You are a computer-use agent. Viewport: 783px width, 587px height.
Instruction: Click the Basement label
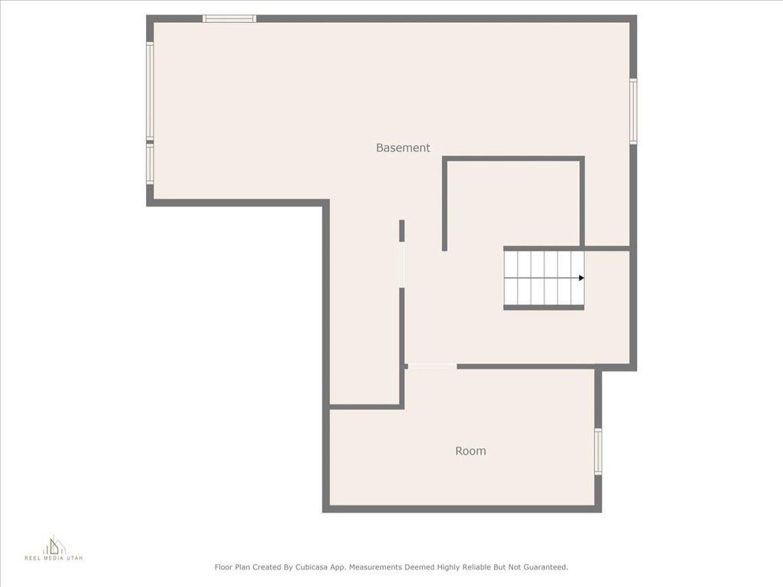(x=403, y=148)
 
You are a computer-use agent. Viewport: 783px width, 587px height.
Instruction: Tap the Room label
(x=470, y=451)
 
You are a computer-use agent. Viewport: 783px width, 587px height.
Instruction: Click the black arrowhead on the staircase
(x=581, y=278)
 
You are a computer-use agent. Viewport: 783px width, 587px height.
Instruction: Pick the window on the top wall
(x=229, y=18)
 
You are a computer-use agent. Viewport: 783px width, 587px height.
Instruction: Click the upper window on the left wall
(x=150, y=91)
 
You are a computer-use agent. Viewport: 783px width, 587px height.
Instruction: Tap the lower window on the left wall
(x=150, y=164)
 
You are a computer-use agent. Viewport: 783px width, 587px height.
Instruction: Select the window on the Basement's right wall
(x=633, y=111)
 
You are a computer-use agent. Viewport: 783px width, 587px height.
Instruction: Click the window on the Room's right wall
(x=598, y=452)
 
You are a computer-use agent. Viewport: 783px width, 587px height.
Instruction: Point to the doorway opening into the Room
(x=431, y=367)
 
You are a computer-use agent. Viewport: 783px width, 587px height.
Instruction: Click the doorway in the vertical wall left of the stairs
(x=401, y=264)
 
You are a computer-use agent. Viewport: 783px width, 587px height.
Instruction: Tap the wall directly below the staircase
(x=543, y=307)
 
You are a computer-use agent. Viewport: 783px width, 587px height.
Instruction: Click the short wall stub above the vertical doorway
(x=401, y=230)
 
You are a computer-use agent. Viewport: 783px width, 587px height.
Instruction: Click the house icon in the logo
(x=54, y=545)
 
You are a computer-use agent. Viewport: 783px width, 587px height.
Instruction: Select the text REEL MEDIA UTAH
(x=54, y=559)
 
